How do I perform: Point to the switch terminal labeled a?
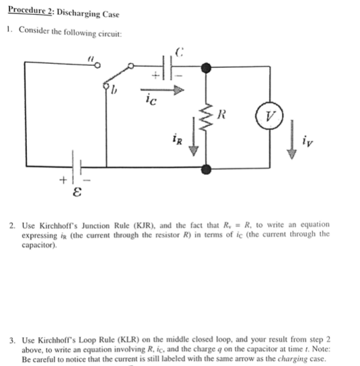[100, 65]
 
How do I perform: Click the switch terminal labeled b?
[106, 85]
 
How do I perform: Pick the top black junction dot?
[207, 67]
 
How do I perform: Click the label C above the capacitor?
[179, 49]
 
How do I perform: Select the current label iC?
[151, 101]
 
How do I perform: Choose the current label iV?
[308, 141]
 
